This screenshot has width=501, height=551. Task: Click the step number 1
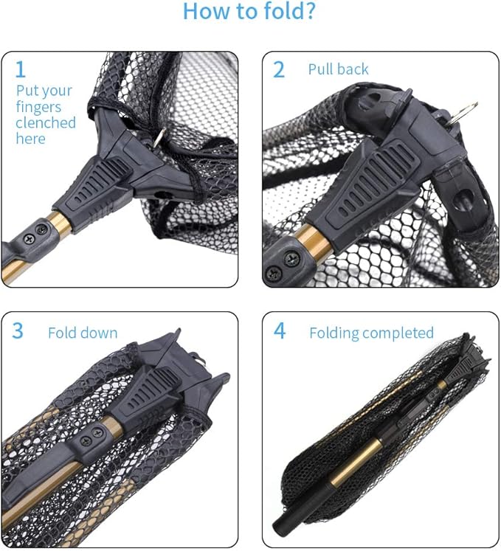(x=21, y=70)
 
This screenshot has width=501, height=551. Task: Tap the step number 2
(x=279, y=70)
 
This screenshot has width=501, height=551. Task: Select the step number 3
(x=18, y=331)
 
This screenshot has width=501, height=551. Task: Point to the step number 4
(x=280, y=331)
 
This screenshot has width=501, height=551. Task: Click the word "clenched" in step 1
(x=46, y=122)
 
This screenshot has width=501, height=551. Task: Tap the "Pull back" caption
(x=338, y=70)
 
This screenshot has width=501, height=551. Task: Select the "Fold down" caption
(x=83, y=333)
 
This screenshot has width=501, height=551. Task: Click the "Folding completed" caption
(x=371, y=333)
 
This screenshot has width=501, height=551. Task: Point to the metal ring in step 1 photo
(x=160, y=137)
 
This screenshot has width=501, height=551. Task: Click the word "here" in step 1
(x=30, y=139)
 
